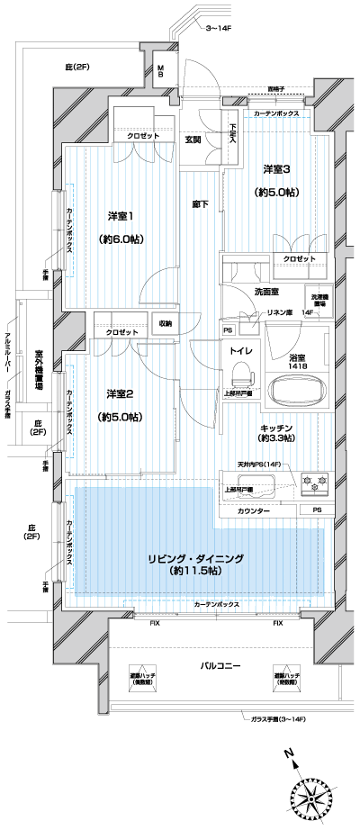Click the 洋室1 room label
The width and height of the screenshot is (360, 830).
121,216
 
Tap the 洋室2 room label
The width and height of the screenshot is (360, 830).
121,393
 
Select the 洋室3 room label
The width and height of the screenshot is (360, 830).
277,169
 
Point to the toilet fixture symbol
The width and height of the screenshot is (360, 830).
240,373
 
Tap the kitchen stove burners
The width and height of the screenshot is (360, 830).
315,484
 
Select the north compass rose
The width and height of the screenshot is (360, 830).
310,791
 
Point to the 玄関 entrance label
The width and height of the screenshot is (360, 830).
193,140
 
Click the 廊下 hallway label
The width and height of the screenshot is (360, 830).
200,204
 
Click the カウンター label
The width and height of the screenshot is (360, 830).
255,510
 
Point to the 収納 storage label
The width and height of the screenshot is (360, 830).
166,323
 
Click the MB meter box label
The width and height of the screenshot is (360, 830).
161,73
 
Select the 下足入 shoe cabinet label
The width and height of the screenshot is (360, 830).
232,132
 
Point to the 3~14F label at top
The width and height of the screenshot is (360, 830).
220,30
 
